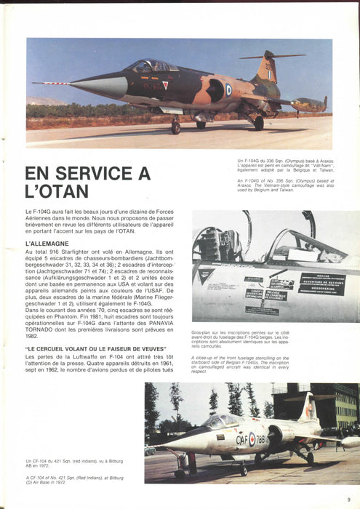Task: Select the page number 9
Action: pyautogui.click(x=349, y=498)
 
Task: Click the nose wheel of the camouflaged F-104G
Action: pyautogui.click(x=175, y=128)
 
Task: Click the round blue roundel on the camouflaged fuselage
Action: pyautogui.click(x=228, y=89)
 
